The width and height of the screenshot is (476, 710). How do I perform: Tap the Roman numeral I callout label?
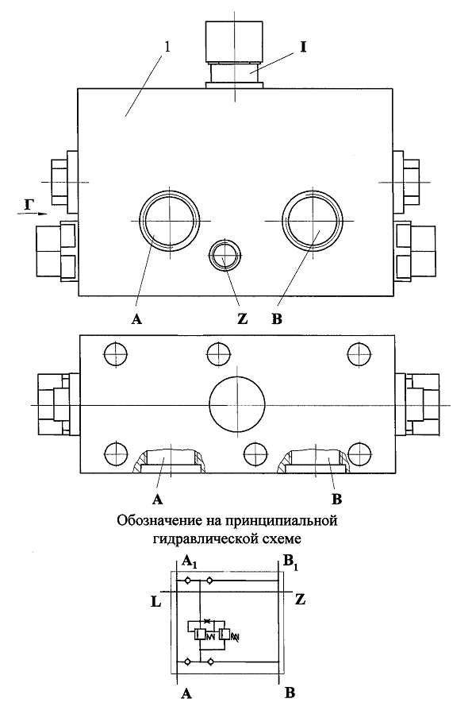303,47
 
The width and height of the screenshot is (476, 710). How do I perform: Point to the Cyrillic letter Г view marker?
29,205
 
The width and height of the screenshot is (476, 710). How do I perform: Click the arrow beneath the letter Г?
33,214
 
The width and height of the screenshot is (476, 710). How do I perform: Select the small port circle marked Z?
224,255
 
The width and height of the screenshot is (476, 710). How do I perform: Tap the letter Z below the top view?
243,318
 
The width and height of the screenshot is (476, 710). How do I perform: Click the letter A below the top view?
136,319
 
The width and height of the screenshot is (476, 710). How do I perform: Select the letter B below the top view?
277,318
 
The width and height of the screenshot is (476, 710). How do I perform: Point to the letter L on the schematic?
155,602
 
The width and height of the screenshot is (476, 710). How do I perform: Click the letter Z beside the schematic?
300,600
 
